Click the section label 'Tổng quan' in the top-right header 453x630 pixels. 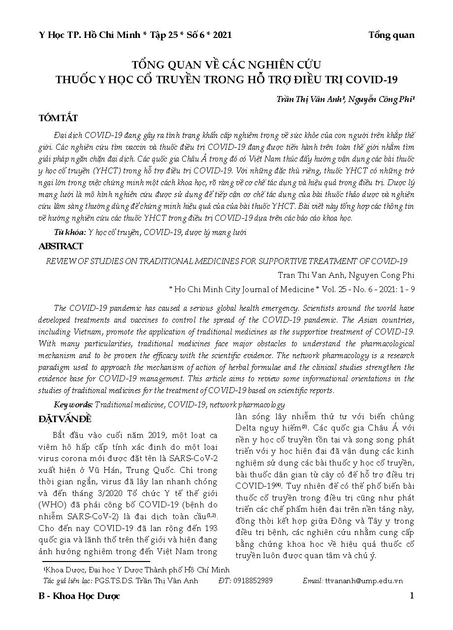coord(391,35)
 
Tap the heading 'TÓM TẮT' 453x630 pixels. coord(58,118)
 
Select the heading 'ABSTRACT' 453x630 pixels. coord(61,246)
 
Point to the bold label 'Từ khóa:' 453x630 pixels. coord(70,232)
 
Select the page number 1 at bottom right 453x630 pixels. coord(412,596)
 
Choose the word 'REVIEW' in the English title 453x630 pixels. coord(60,261)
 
